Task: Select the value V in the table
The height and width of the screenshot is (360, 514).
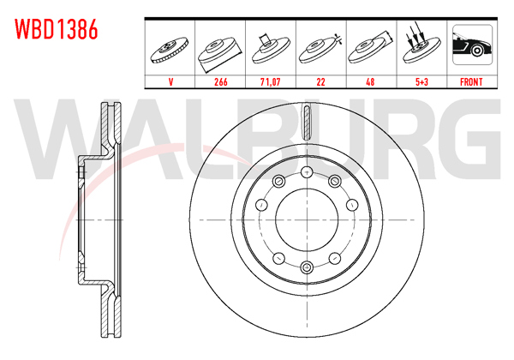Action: click(x=171, y=83)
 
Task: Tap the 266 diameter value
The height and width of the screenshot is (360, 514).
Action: click(x=221, y=83)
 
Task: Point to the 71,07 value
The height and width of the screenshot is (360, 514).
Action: click(x=271, y=83)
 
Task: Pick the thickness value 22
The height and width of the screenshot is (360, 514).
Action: click(x=320, y=83)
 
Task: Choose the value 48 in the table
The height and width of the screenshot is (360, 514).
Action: click(x=370, y=83)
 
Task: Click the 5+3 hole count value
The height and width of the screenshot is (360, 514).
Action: click(x=420, y=83)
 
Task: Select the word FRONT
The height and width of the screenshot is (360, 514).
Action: click(x=471, y=83)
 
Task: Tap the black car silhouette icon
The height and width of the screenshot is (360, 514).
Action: click(x=471, y=48)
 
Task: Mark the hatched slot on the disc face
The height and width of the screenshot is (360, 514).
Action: click(x=306, y=123)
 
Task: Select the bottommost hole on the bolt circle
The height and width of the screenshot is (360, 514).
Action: click(x=306, y=268)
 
